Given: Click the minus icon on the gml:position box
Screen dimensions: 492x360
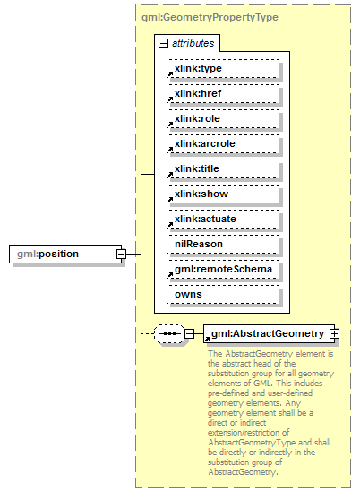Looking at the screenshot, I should (120, 255).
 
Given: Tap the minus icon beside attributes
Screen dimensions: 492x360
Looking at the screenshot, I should (163, 43).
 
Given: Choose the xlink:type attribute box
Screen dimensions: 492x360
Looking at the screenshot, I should (223, 68).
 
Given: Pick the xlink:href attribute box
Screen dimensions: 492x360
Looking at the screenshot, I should (223, 93).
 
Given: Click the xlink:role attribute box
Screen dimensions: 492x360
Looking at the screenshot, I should (223, 118).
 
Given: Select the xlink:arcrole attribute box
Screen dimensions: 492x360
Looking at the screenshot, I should (223, 143).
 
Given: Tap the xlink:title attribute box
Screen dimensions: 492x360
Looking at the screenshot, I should (223, 168).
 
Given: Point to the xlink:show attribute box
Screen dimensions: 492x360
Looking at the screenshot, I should (223, 194).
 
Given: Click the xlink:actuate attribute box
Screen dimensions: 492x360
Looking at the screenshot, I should (223, 219).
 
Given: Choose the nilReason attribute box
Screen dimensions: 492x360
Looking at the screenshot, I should (223, 244).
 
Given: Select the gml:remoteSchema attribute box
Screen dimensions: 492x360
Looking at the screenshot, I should (223, 269).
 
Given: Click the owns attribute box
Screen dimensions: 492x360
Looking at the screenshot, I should (223, 294).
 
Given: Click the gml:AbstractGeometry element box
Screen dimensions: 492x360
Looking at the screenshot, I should (268, 333).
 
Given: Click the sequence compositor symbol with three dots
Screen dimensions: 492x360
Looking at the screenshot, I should (168, 334).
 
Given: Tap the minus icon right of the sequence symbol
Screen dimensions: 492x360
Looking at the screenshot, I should (189, 334).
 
